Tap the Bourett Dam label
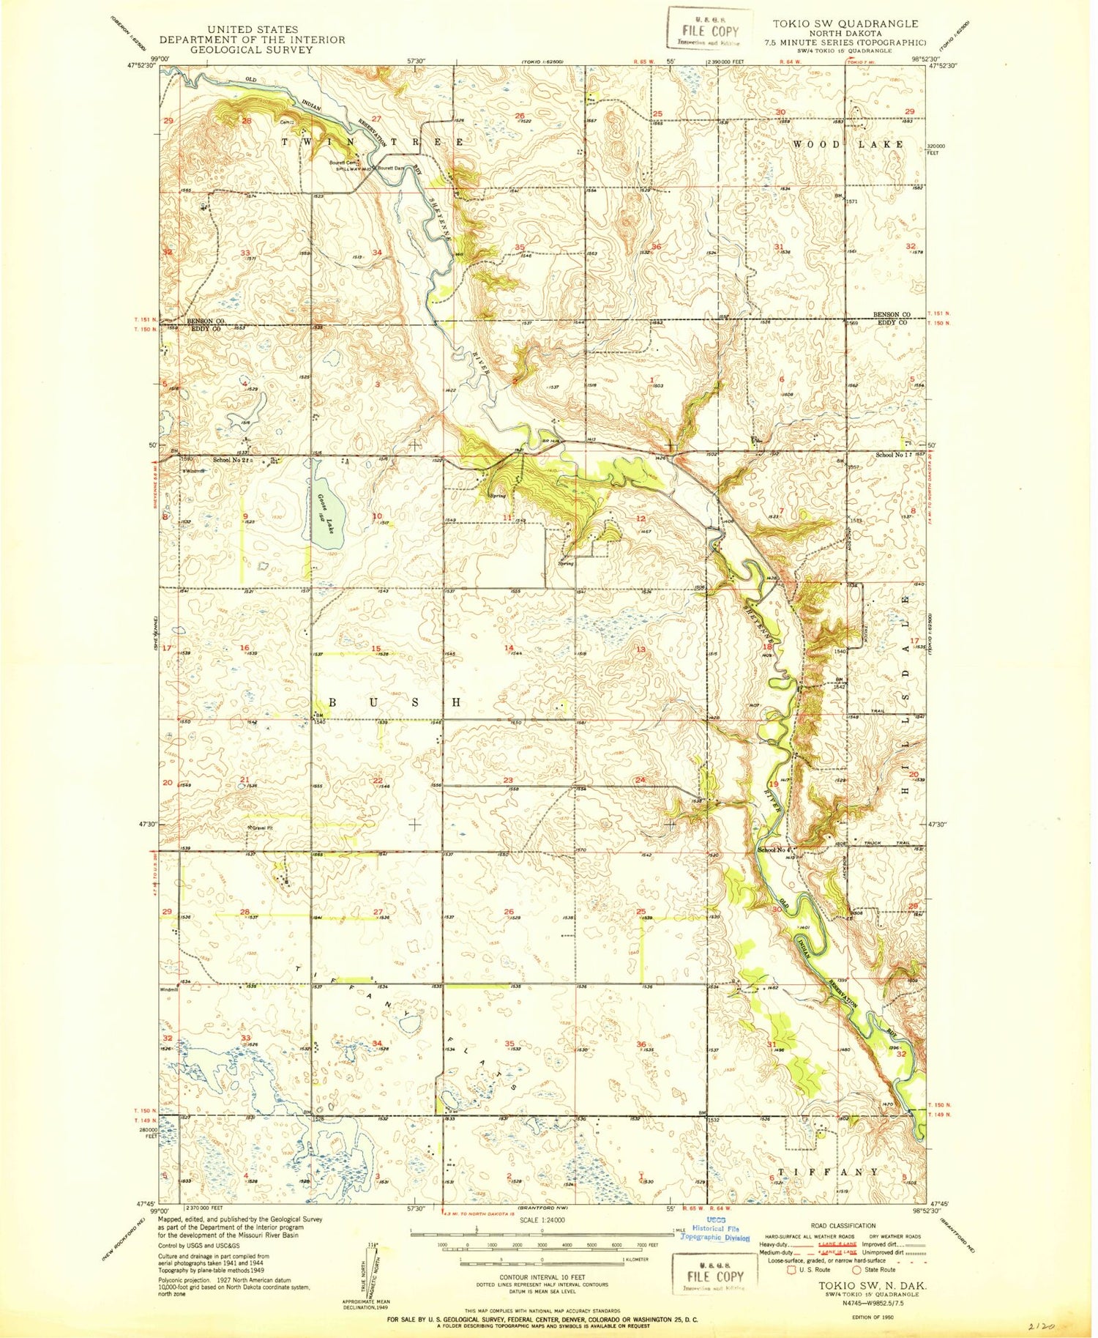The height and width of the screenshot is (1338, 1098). tap(389, 168)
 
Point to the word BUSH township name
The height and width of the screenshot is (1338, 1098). tap(395, 702)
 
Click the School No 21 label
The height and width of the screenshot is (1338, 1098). tap(231, 461)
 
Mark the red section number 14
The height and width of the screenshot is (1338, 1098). tap(508, 648)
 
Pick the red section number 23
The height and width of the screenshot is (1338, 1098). tap(508, 781)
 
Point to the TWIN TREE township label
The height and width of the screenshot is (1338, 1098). tap(371, 142)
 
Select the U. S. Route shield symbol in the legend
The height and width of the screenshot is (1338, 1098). tap(791, 1270)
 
